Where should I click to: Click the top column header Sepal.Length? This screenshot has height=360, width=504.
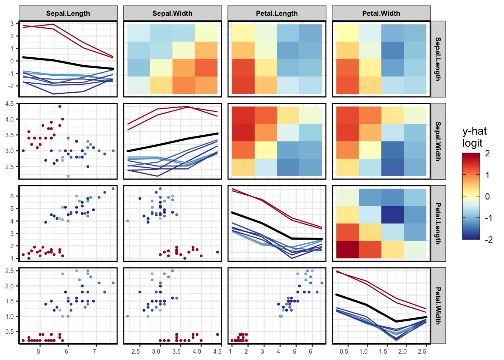[x=68, y=13]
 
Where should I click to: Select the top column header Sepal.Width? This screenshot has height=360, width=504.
[x=172, y=13]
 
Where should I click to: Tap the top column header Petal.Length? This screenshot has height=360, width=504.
[x=277, y=13]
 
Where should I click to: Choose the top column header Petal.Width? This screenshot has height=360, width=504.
[x=381, y=13]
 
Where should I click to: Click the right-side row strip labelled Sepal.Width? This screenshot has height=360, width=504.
[x=438, y=141]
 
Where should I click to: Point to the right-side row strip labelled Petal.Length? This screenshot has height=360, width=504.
[x=438, y=223]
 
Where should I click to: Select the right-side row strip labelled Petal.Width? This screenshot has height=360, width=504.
[x=438, y=305]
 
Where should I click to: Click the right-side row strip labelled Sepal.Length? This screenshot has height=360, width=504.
[x=438, y=59]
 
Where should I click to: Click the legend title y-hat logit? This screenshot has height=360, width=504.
[x=474, y=137]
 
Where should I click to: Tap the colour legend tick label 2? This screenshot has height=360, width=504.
[x=487, y=153]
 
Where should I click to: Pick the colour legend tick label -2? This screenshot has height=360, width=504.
[x=489, y=240]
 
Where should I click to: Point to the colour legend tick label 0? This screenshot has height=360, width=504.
[x=487, y=196]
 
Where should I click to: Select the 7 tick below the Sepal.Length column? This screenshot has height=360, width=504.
[x=94, y=351]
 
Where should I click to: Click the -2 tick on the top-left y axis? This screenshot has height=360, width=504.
[x=12, y=86]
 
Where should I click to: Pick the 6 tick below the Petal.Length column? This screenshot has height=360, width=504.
[x=310, y=351]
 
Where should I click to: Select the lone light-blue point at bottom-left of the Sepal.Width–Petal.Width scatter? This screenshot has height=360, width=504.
[x=127, y=316]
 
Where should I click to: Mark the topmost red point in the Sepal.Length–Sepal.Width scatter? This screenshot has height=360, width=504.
[x=60, y=106]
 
